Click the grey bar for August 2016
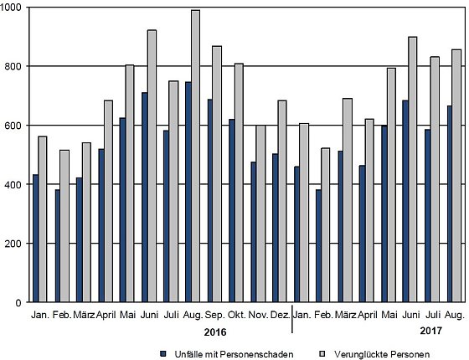(x=196, y=156)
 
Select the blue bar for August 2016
(x=188, y=192)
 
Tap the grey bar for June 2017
(x=412, y=169)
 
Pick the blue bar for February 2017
(x=318, y=245)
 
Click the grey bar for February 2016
(x=64, y=226)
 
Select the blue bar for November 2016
(x=253, y=232)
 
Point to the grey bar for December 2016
(x=282, y=201)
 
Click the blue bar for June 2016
(x=145, y=197)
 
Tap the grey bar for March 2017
(x=348, y=200)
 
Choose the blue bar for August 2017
(x=451, y=203)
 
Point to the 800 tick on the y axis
(x=27, y=66)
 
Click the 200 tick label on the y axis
(x=13, y=244)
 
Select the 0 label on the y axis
(x=18, y=302)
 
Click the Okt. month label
(x=237, y=315)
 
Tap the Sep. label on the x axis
(x=215, y=315)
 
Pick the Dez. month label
(x=281, y=315)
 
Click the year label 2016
(x=215, y=332)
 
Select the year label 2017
(x=430, y=331)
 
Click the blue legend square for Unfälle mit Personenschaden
(x=163, y=353)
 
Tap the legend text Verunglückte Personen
(x=382, y=355)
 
